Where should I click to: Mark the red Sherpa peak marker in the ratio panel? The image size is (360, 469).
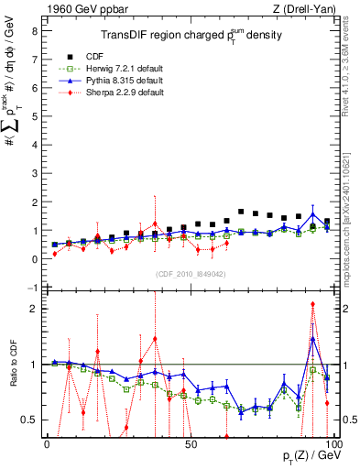[x=313, y=304]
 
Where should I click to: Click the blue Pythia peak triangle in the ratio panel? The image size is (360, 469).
[x=313, y=339]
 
